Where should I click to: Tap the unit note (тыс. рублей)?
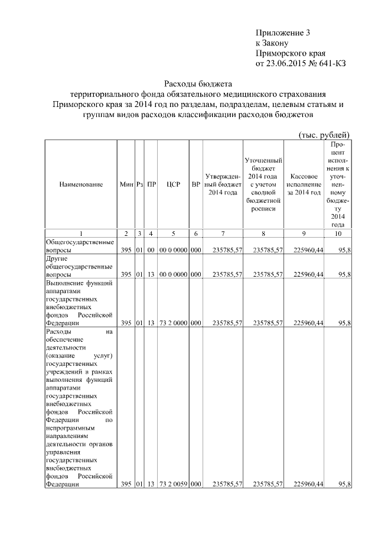click(x=324, y=134)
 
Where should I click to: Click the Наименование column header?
click(x=81, y=184)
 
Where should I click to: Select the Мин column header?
click(x=126, y=184)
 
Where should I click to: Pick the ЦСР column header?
click(x=173, y=184)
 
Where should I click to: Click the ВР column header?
click(x=196, y=184)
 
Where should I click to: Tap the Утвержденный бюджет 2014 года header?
click(x=223, y=184)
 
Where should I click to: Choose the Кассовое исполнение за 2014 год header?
click(x=305, y=184)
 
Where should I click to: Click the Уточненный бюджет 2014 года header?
click(x=263, y=184)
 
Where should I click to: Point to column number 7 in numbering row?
click(x=223, y=234)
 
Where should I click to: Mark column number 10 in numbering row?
click(x=338, y=234)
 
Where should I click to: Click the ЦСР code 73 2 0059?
click(x=173, y=484)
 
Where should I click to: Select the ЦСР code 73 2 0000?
click(x=173, y=323)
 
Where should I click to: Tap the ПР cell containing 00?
click(x=152, y=250)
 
